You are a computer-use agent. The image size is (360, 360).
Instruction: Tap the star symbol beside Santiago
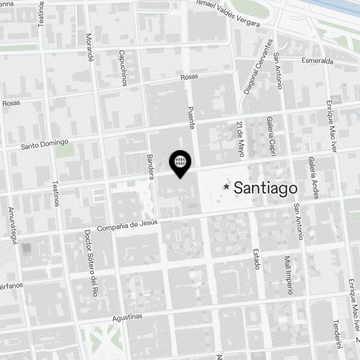226,186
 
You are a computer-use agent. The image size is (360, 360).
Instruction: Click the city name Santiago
266,188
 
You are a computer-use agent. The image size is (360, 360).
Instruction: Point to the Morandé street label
89,48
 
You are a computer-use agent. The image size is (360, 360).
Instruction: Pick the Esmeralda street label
317,60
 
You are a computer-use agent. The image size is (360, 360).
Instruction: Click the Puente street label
191,118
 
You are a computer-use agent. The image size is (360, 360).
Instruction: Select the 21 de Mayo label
240,139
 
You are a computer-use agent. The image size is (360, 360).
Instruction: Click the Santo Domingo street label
45,144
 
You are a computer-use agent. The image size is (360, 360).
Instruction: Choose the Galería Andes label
312,178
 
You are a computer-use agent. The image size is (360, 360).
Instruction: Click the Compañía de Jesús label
127,226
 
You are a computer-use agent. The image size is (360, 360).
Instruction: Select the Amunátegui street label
13,225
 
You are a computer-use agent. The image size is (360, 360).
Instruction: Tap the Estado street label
256,258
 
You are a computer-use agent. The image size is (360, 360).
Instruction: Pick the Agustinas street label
127,317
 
